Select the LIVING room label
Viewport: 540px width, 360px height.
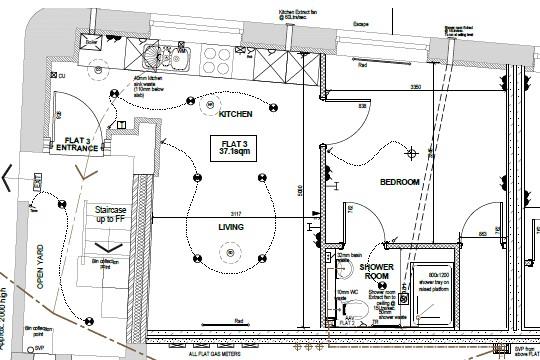(232, 227)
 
